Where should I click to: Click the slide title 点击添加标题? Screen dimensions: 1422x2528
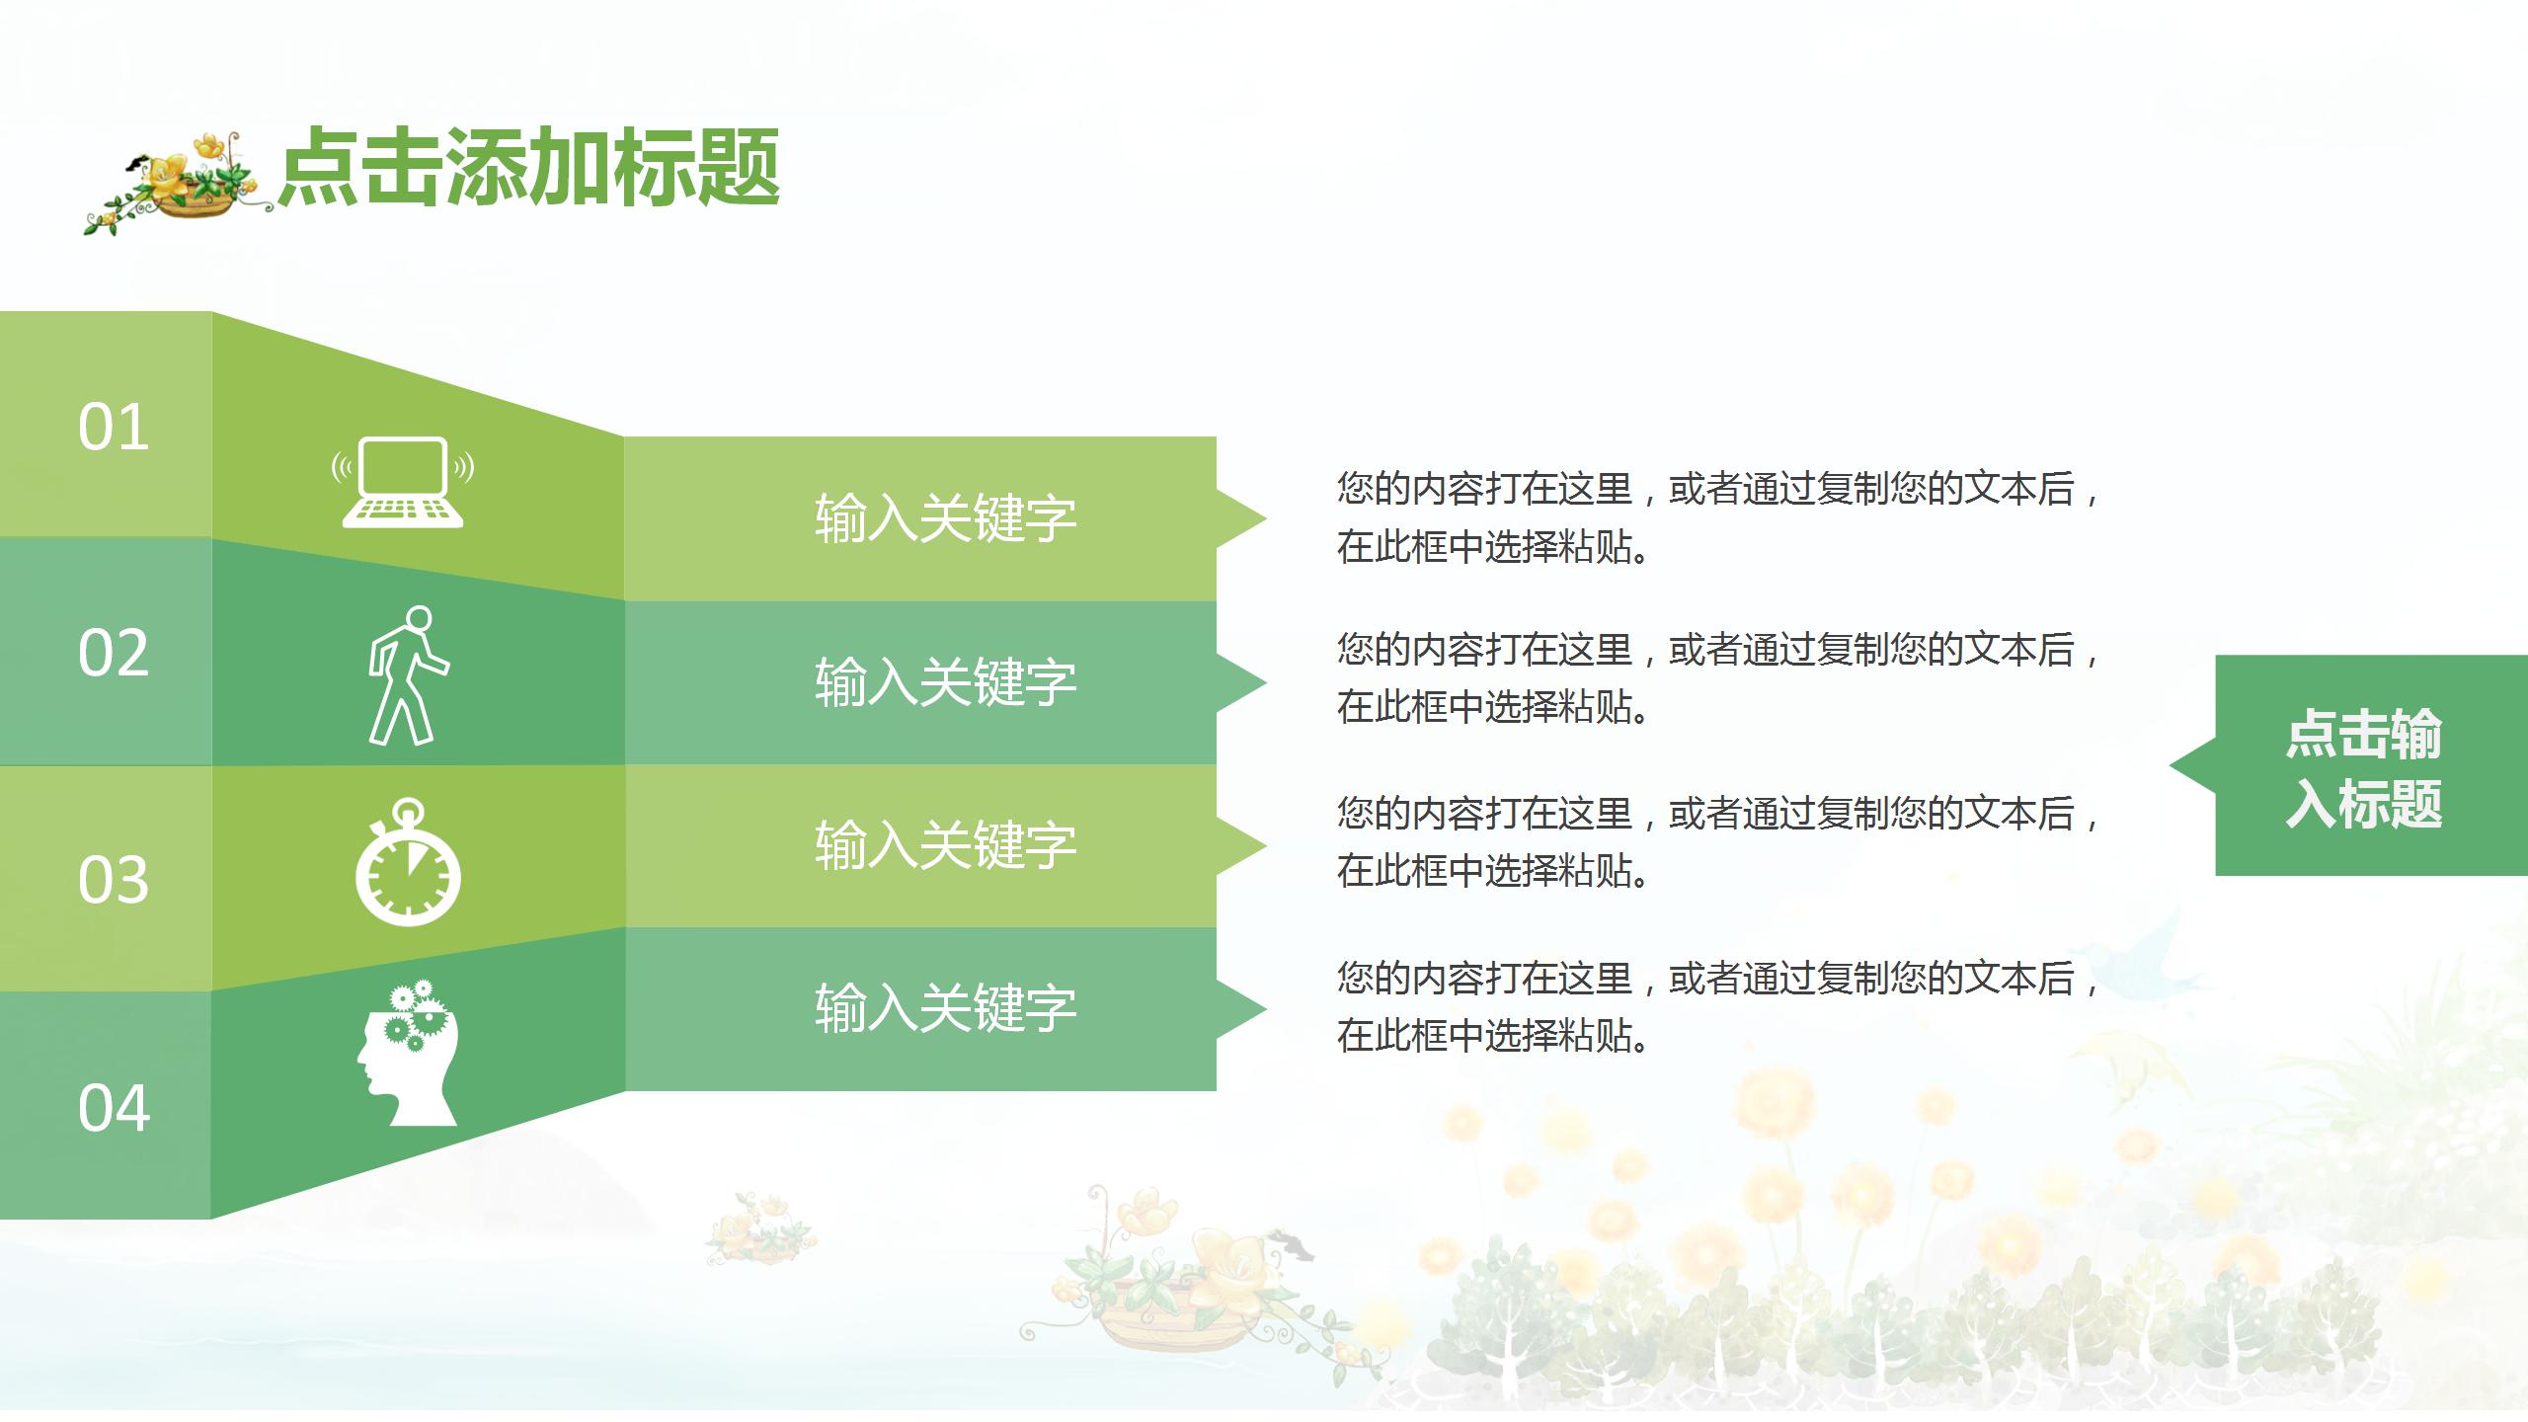point(529,168)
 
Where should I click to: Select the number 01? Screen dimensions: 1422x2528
point(114,428)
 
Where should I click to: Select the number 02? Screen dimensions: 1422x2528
point(114,653)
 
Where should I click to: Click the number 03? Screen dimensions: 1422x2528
point(114,880)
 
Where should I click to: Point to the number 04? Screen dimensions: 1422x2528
point(114,1107)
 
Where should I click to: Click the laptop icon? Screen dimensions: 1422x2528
point(403,482)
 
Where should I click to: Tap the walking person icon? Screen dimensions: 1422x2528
point(407,675)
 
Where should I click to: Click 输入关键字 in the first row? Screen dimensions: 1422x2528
point(945,518)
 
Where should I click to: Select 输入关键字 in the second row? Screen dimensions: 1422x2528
point(945,682)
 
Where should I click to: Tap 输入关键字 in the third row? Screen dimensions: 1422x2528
point(945,845)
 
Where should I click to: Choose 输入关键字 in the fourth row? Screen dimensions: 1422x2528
point(945,1008)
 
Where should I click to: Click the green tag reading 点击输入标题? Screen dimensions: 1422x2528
point(2364,766)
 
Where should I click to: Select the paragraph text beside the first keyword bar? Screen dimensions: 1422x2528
point(1718,516)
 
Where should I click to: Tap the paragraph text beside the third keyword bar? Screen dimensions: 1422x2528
point(1718,841)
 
